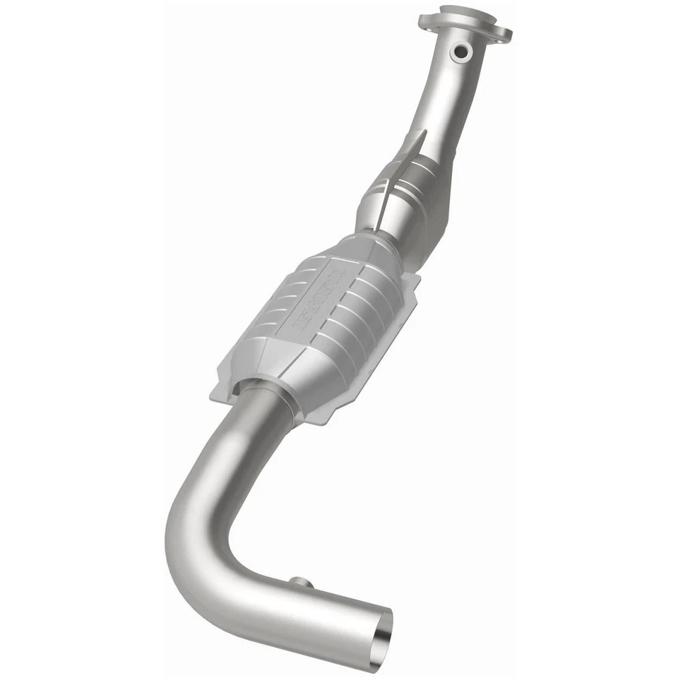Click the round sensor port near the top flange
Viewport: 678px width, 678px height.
462,52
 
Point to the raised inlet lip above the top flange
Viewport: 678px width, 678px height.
462,13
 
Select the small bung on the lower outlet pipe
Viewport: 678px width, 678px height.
301,583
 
